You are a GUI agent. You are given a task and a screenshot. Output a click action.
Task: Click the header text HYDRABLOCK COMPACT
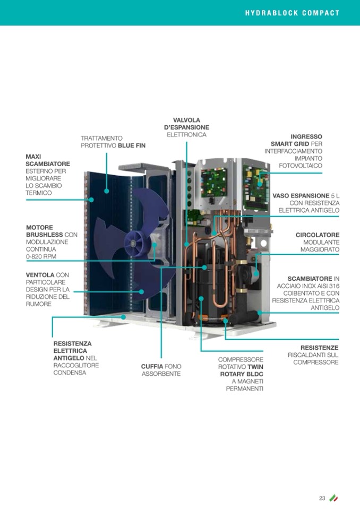(x=292, y=13)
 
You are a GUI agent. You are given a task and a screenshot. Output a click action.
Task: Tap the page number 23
(x=322, y=497)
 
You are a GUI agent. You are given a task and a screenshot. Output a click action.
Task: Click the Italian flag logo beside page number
(x=333, y=497)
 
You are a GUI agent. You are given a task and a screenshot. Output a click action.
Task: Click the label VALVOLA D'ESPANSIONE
(x=186, y=124)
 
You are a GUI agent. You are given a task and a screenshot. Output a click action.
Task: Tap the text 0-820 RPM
(x=41, y=257)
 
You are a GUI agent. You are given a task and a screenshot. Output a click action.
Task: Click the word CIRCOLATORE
(x=318, y=235)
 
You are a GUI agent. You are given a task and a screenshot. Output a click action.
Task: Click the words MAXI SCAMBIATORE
(x=48, y=160)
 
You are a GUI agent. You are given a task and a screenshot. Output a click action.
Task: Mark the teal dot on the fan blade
(x=141, y=291)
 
